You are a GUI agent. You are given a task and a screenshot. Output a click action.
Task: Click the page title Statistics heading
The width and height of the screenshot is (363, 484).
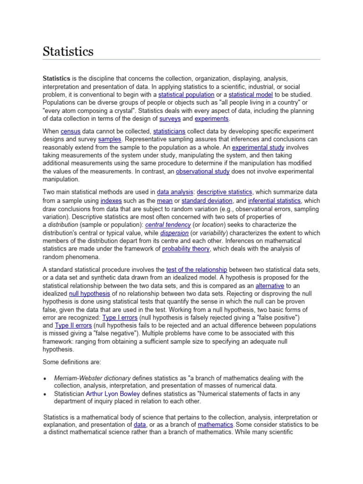pyautogui.click(x=68, y=51)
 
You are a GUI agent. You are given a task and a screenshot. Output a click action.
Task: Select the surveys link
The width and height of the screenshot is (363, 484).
pyautogui.click(x=170, y=119)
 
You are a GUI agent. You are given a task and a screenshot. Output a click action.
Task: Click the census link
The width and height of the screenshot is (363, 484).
pyautogui.click(x=69, y=131)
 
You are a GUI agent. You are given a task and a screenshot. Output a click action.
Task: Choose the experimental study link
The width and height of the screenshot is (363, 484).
pyautogui.click(x=258, y=147)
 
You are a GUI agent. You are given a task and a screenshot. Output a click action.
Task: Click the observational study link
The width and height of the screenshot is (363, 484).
pyautogui.click(x=203, y=171)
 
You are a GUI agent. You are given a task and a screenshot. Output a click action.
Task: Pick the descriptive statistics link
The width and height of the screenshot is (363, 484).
pyautogui.click(x=225, y=192)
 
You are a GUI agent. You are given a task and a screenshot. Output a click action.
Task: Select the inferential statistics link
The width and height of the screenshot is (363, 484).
pyautogui.click(x=274, y=200)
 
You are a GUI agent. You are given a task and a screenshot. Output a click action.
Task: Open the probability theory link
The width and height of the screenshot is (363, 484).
pyautogui.click(x=186, y=249)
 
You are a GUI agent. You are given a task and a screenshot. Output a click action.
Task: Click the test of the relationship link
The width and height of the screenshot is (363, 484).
pyautogui.click(x=197, y=269)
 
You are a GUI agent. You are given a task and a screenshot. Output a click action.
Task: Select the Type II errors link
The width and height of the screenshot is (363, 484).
pyautogui.click(x=73, y=326)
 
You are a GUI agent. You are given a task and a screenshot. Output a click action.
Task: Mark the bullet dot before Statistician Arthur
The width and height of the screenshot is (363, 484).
pyautogui.click(x=44, y=394)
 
